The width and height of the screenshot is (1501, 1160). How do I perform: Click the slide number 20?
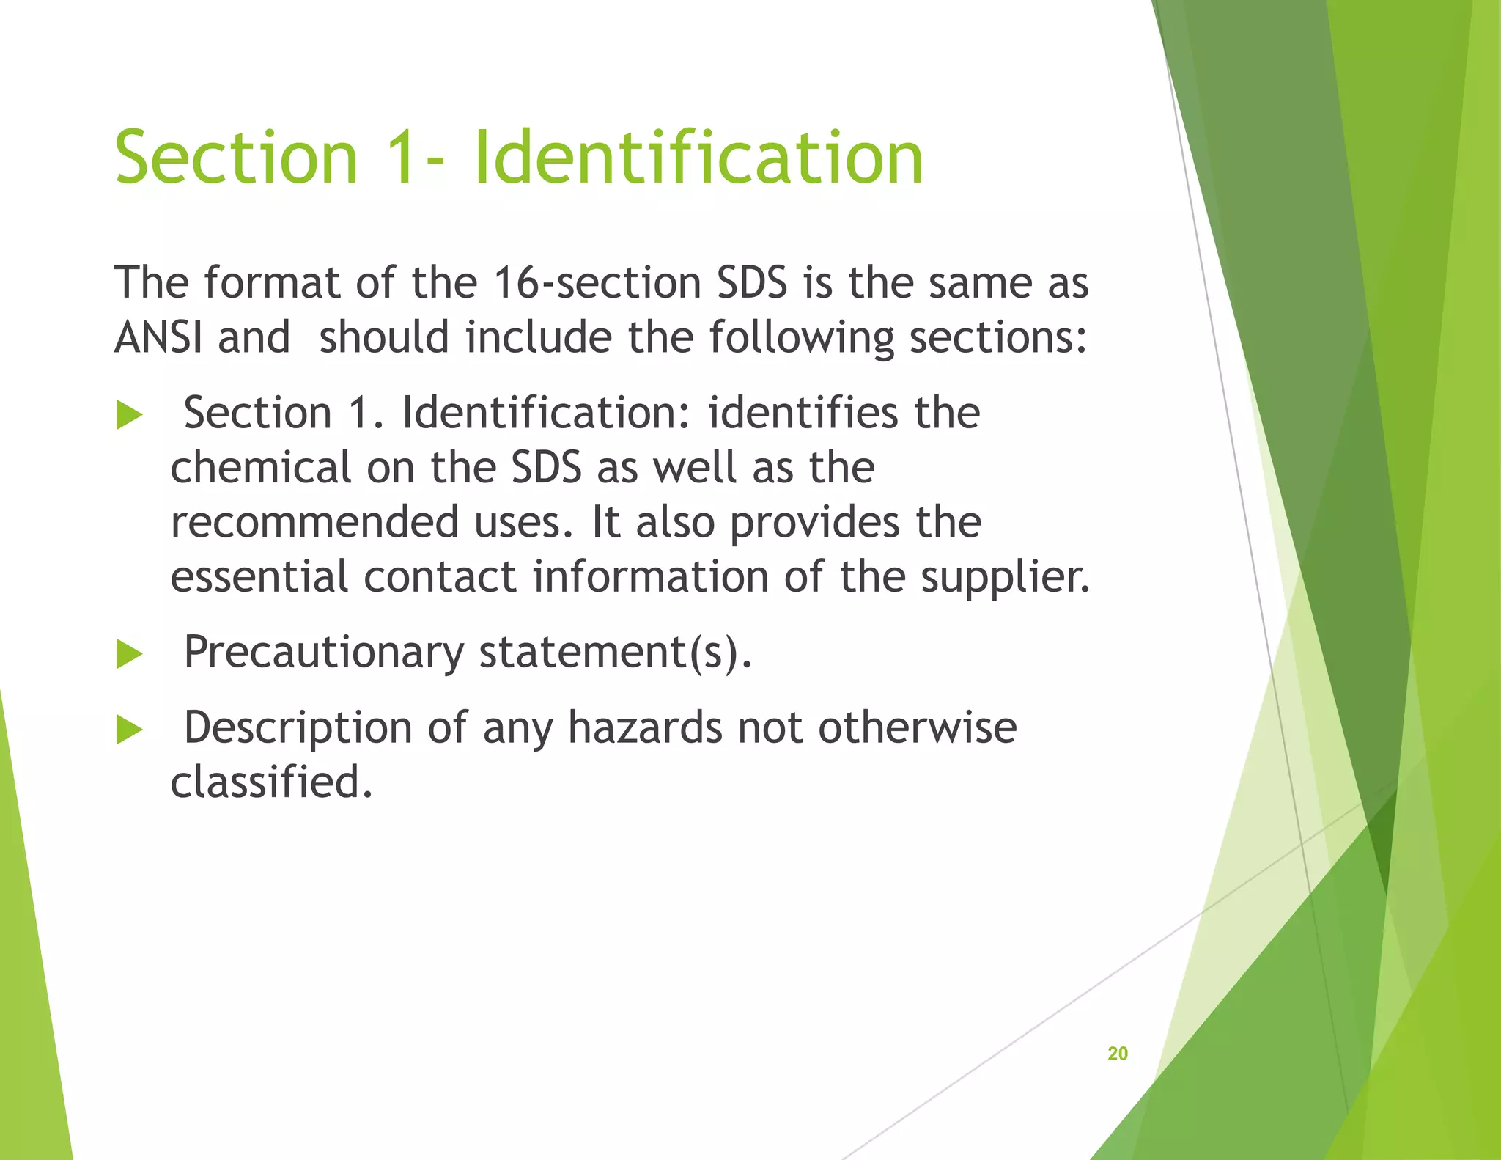pos(1117,1054)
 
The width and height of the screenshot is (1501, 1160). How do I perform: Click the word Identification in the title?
pos(698,158)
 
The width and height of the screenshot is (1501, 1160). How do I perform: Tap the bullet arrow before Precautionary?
pos(129,653)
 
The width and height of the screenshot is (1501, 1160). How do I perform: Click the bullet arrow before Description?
pos(129,730)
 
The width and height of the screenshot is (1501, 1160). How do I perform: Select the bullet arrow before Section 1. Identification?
pos(129,416)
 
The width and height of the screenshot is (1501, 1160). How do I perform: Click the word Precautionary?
pos(323,652)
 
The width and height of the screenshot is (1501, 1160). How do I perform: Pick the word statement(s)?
pos(615,652)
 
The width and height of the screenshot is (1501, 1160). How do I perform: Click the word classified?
pos(271,782)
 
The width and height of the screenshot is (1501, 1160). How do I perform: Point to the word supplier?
pos(1005,577)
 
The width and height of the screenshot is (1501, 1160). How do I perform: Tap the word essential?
pos(259,577)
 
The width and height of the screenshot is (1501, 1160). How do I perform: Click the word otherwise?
pos(917,728)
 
